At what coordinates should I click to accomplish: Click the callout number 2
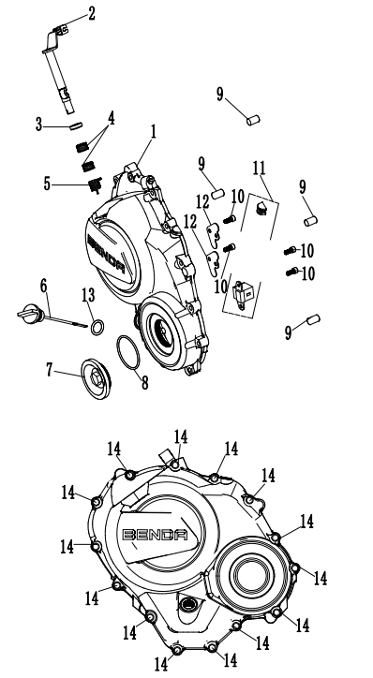pos(91,13)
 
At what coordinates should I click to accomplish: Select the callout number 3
pos(39,125)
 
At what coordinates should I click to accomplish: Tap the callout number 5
pos(47,184)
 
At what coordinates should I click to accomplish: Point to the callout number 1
pos(153,132)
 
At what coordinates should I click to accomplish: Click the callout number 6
pos(43,286)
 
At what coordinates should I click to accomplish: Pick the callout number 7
pos(50,370)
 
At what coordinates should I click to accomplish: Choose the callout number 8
pos(144,382)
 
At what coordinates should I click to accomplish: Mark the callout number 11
pos(260,169)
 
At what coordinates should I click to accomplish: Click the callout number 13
pos(88,295)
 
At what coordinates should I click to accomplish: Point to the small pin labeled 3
pos(76,125)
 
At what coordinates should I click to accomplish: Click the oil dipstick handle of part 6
pos(28,312)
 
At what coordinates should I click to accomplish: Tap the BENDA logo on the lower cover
pos(156,535)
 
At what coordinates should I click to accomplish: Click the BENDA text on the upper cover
pos(107,255)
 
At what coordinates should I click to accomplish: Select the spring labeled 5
pos(95,185)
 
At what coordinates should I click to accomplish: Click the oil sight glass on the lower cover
pos(187,604)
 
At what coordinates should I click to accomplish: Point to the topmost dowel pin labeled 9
pos(253,120)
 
